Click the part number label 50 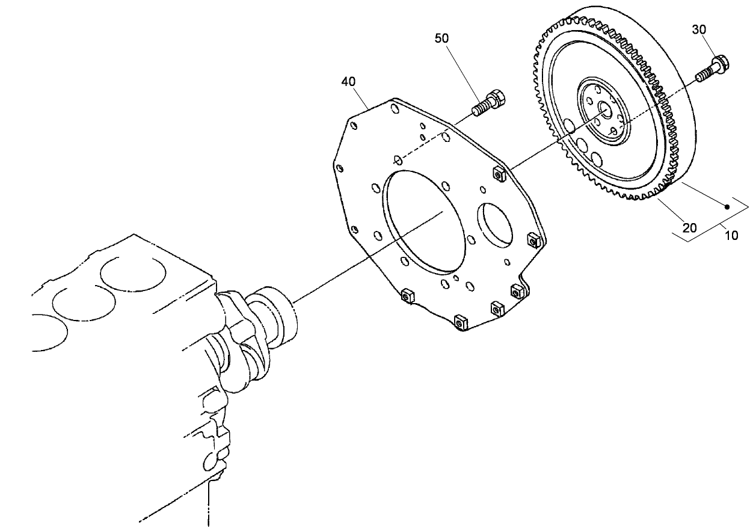(x=441, y=38)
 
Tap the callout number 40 (x=348, y=81)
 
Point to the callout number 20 (x=689, y=227)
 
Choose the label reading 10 (x=731, y=236)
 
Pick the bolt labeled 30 (x=712, y=69)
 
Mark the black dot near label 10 (x=727, y=207)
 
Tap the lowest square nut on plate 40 (x=461, y=322)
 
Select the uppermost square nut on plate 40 (x=497, y=174)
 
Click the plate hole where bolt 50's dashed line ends (x=398, y=159)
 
